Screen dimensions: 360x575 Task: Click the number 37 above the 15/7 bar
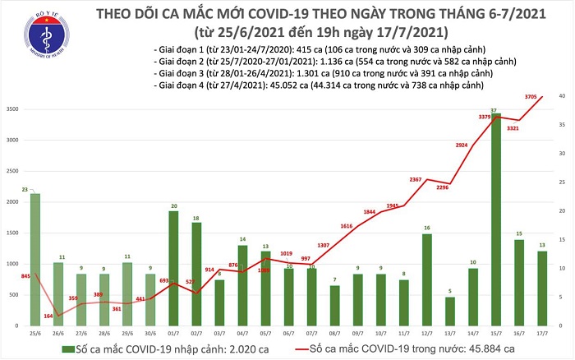coord(492,109)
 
